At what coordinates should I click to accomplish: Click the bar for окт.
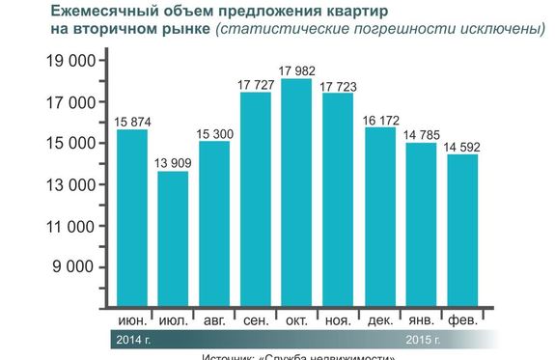click(295, 193)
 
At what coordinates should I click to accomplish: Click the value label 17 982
click(296, 70)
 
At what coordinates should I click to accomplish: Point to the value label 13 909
click(174, 163)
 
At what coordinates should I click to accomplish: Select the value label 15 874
click(132, 121)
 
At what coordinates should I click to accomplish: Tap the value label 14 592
click(461, 147)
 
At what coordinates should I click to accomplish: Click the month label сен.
click(255, 319)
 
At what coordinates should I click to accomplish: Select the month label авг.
click(214, 319)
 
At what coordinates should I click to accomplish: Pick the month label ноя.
click(338, 319)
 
